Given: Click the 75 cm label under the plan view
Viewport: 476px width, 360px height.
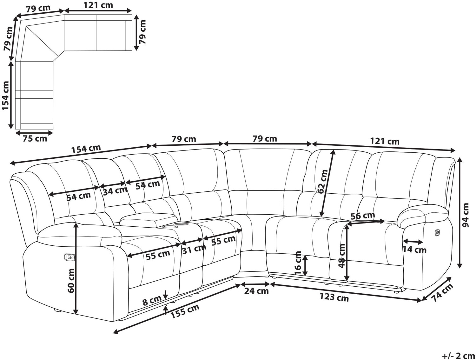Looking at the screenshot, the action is tap(35, 139).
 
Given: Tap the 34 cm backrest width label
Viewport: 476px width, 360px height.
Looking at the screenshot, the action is tap(115, 191).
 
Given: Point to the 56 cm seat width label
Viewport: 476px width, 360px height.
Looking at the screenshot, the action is tap(362, 216).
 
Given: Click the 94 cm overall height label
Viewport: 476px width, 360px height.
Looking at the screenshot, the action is tap(466, 215).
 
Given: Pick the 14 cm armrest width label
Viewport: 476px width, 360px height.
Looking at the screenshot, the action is tap(414, 250).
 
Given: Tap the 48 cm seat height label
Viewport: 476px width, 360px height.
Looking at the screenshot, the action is tap(342, 256).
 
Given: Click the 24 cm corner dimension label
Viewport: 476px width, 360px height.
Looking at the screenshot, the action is tap(256, 291).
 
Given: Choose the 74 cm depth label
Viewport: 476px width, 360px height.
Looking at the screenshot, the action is tap(442, 293).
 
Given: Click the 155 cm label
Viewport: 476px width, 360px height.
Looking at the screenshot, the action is tap(185, 311).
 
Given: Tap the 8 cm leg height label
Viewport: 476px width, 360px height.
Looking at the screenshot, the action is tap(152, 300).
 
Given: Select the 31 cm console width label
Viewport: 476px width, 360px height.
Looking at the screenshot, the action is tap(194, 249).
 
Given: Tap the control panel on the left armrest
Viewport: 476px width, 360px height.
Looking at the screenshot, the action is tap(69, 257).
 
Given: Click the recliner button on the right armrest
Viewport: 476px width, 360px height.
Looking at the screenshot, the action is tap(438, 233).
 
